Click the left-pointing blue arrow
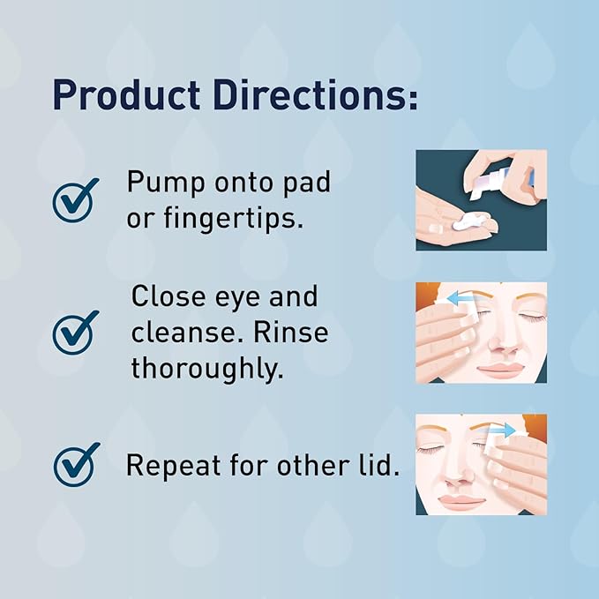pos(458,300)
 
